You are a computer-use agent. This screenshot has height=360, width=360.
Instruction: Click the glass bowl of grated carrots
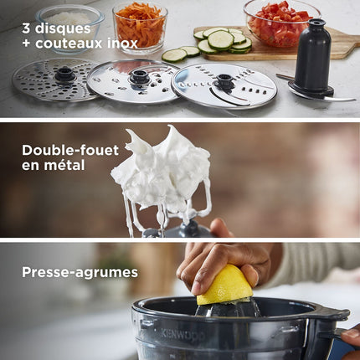coord(140,27)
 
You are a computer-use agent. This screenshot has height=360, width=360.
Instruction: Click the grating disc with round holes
coord(54,80)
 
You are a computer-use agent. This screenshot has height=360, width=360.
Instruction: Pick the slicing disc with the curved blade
coord(224,85)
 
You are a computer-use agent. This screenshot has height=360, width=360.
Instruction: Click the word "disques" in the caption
coord(63,28)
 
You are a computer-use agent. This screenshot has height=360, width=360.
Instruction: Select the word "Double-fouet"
coord(70,150)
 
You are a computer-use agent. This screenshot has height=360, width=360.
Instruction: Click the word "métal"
coord(64,165)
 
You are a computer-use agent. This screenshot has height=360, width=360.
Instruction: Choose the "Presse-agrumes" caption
coord(80,273)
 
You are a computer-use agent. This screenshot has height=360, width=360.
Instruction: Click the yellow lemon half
coord(224,285)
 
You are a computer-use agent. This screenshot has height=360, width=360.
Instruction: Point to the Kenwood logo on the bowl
coord(183,334)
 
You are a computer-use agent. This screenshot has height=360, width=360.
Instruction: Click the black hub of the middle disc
coord(140,76)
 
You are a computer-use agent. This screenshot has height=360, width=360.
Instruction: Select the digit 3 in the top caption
coord(26,28)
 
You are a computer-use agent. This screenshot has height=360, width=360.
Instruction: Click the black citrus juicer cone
coord(228,308)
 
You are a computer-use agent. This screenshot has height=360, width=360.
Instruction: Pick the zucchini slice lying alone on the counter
coord(174,55)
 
